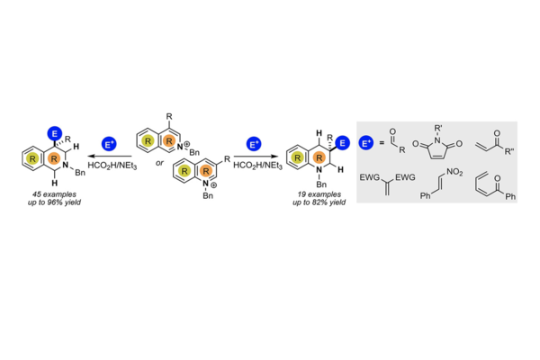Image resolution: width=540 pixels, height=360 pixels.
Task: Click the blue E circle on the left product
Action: pos(55,133)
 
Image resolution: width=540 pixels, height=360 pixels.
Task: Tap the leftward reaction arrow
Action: pos(110,157)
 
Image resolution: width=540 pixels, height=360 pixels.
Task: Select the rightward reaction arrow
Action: pos(256,157)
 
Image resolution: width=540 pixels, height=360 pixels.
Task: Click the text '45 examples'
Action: pos(54,194)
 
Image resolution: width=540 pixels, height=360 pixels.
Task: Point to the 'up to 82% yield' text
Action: pos(319,202)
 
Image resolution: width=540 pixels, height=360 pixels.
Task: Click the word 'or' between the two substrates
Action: pos(159,163)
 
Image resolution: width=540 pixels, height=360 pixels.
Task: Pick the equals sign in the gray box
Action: pos(382,142)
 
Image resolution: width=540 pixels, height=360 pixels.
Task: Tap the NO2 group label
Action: pos(454,172)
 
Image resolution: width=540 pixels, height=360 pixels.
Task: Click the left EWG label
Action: pos(370,177)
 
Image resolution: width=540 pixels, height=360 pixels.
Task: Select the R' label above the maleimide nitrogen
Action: pos(438,129)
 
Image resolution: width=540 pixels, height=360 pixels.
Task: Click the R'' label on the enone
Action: pos(509,151)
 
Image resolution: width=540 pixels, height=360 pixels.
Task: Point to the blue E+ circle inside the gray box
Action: pos(366,142)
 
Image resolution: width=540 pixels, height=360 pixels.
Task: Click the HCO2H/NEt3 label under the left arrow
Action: pos(112,166)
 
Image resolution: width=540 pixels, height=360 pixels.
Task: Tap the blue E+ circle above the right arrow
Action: pos(254,144)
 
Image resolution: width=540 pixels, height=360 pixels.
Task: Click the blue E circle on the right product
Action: pos(342,143)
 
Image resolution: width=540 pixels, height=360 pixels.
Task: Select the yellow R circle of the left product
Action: pos(32,158)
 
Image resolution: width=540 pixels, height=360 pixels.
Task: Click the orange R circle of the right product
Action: pos(319,157)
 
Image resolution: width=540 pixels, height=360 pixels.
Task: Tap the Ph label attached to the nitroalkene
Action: pos(426,196)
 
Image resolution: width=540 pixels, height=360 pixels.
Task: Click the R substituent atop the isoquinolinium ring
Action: pos(169,116)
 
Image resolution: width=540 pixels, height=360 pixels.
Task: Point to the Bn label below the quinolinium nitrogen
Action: pos(208,195)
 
